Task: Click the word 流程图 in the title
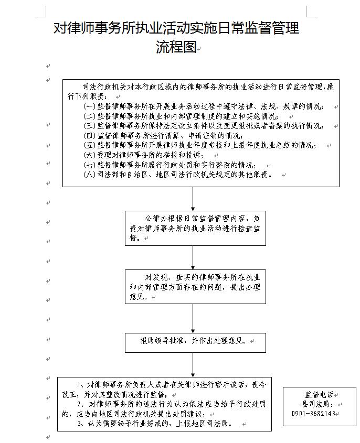click(176, 46)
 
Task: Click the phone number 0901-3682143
click(313, 413)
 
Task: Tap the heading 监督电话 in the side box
click(319, 394)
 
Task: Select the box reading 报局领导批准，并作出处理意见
click(195, 343)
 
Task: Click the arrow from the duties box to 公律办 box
click(193, 199)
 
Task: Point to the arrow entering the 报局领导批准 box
click(193, 318)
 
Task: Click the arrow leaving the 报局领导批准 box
click(193, 365)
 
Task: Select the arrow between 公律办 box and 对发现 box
click(193, 257)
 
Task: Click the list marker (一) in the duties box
click(90, 106)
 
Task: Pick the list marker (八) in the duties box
click(90, 175)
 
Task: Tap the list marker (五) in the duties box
click(90, 145)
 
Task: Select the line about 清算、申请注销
click(163, 136)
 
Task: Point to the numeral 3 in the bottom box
click(79, 424)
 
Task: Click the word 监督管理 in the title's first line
click(272, 28)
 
